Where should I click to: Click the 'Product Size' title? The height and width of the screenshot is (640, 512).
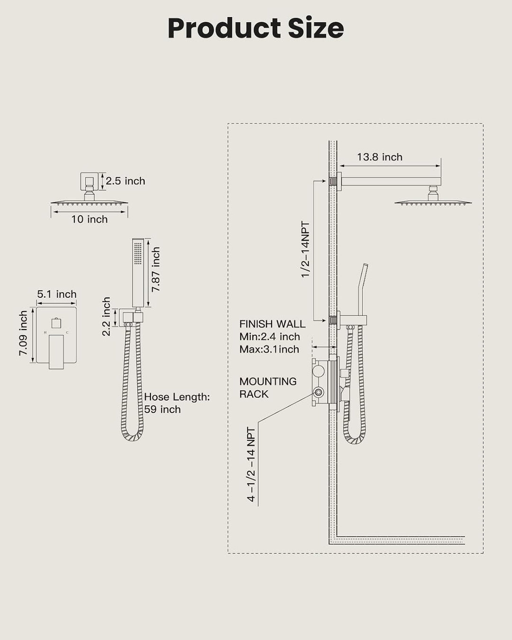click(x=256, y=28)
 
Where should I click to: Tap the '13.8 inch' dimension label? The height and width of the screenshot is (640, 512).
click(x=380, y=157)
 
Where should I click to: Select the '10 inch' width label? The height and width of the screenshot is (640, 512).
click(x=89, y=219)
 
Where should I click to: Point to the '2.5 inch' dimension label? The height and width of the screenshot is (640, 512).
click(x=125, y=181)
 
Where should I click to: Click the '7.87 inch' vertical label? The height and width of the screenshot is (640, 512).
click(x=155, y=269)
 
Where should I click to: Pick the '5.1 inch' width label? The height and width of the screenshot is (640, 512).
click(x=57, y=294)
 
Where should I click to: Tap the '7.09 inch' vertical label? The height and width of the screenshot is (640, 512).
click(x=23, y=333)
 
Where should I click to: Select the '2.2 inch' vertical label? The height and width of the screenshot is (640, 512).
click(x=106, y=316)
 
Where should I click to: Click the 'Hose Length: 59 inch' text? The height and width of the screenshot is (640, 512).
click(x=177, y=403)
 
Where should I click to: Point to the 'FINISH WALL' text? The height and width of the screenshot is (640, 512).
click(x=272, y=324)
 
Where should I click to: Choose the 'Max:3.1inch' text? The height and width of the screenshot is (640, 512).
click(x=269, y=349)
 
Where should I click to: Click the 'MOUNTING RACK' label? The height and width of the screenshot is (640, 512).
click(x=268, y=387)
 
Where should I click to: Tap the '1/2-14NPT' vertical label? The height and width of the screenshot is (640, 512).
click(x=305, y=249)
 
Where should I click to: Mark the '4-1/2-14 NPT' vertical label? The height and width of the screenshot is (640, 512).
click(x=251, y=465)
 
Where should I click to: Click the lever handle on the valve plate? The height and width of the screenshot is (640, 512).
click(x=56, y=352)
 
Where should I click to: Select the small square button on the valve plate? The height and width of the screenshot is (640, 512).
click(x=56, y=323)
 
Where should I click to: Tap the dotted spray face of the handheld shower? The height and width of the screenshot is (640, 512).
click(x=138, y=253)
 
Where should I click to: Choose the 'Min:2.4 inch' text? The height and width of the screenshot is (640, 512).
click(x=270, y=337)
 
